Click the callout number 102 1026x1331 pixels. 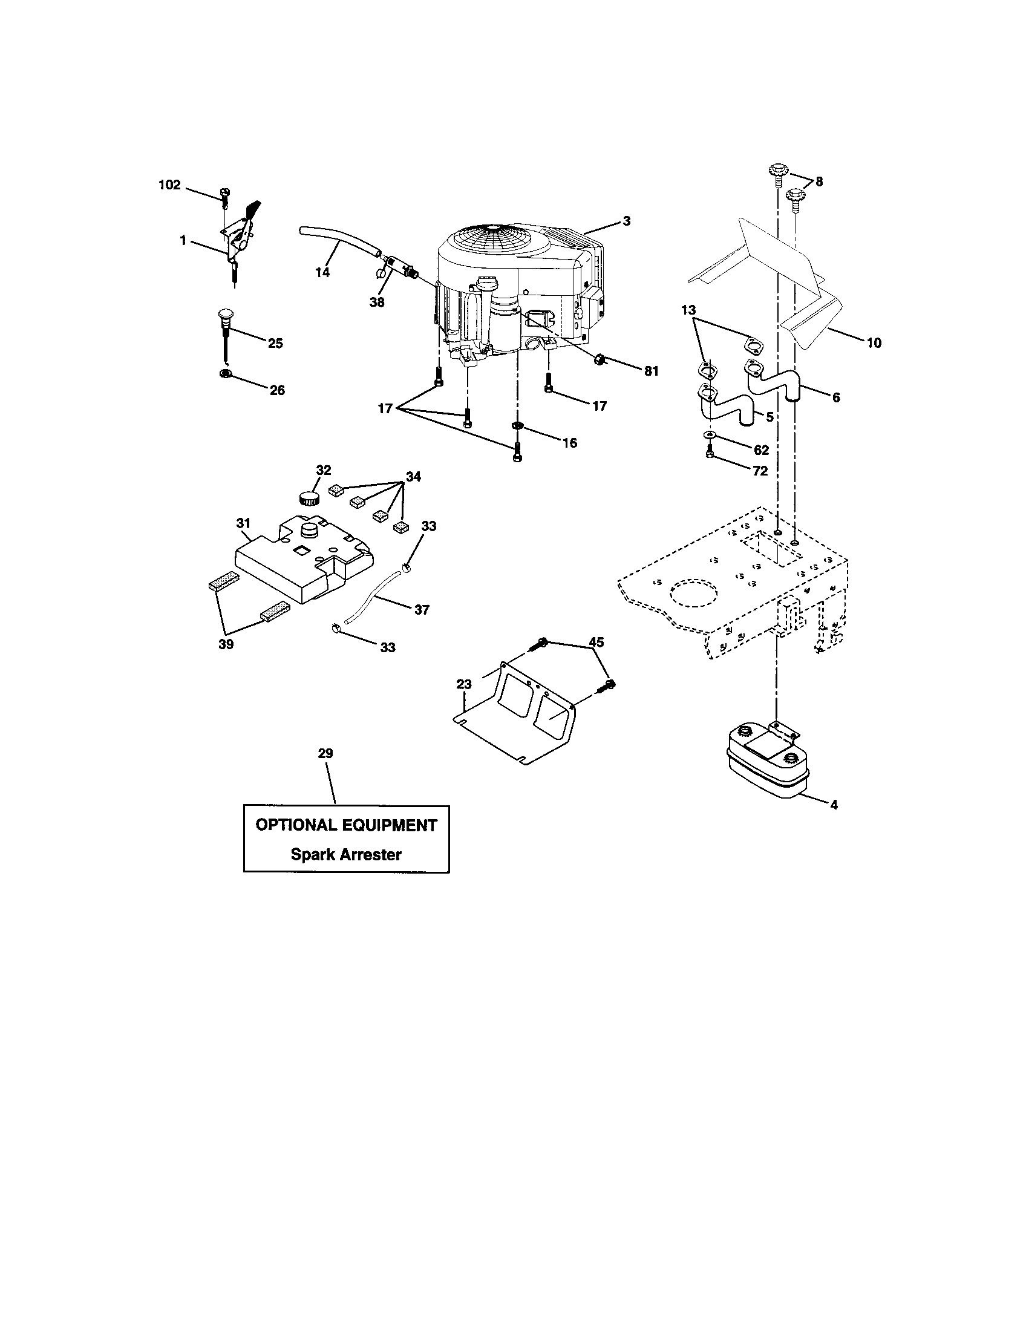tap(170, 185)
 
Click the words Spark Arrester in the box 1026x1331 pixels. tap(345, 854)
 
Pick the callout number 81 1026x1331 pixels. tap(652, 371)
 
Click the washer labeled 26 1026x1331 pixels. tap(226, 373)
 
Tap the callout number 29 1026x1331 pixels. tap(325, 753)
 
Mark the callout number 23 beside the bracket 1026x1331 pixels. tap(464, 684)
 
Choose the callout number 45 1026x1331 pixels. tap(596, 642)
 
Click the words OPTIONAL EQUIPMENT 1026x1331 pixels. tap(345, 825)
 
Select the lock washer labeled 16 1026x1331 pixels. tap(517, 424)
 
